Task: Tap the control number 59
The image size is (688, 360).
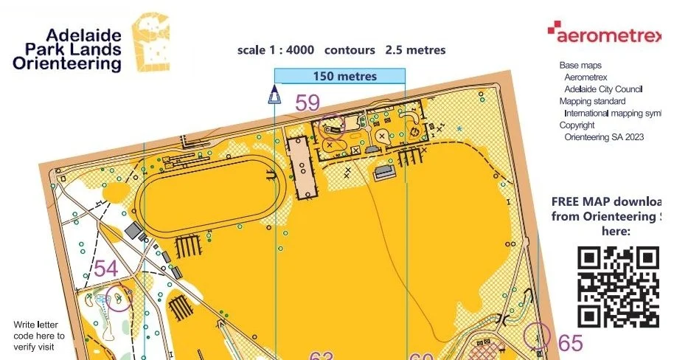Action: click(307, 103)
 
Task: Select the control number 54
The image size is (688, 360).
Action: click(105, 269)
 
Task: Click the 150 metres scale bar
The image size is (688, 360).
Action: click(340, 76)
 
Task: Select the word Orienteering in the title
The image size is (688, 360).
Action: click(67, 63)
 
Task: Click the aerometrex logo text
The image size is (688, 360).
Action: click(609, 34)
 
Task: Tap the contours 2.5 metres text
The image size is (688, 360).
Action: click(386, 50)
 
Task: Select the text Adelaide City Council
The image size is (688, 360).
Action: click(603, 89)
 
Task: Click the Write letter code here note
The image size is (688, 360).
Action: click(40, 330)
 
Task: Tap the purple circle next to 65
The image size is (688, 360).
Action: click(537, 336)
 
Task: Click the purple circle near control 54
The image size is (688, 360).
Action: click(119, 298)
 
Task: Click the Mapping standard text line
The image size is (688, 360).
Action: click(592, 101)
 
